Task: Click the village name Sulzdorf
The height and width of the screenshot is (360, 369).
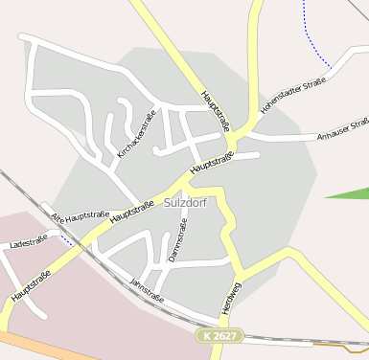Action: click(185, 203)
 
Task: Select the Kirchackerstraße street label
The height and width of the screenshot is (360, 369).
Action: click(136, 134)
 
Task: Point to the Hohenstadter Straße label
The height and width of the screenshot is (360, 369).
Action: click(292, 93)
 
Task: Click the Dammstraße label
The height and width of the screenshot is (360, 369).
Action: click(177, 238)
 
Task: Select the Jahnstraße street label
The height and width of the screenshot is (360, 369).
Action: click(146, 290)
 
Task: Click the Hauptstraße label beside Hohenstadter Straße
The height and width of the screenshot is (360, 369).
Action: click(217, 110)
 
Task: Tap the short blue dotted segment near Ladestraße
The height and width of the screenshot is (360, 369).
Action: click(64, 238)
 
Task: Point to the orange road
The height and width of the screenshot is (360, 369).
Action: click(38, 345)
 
